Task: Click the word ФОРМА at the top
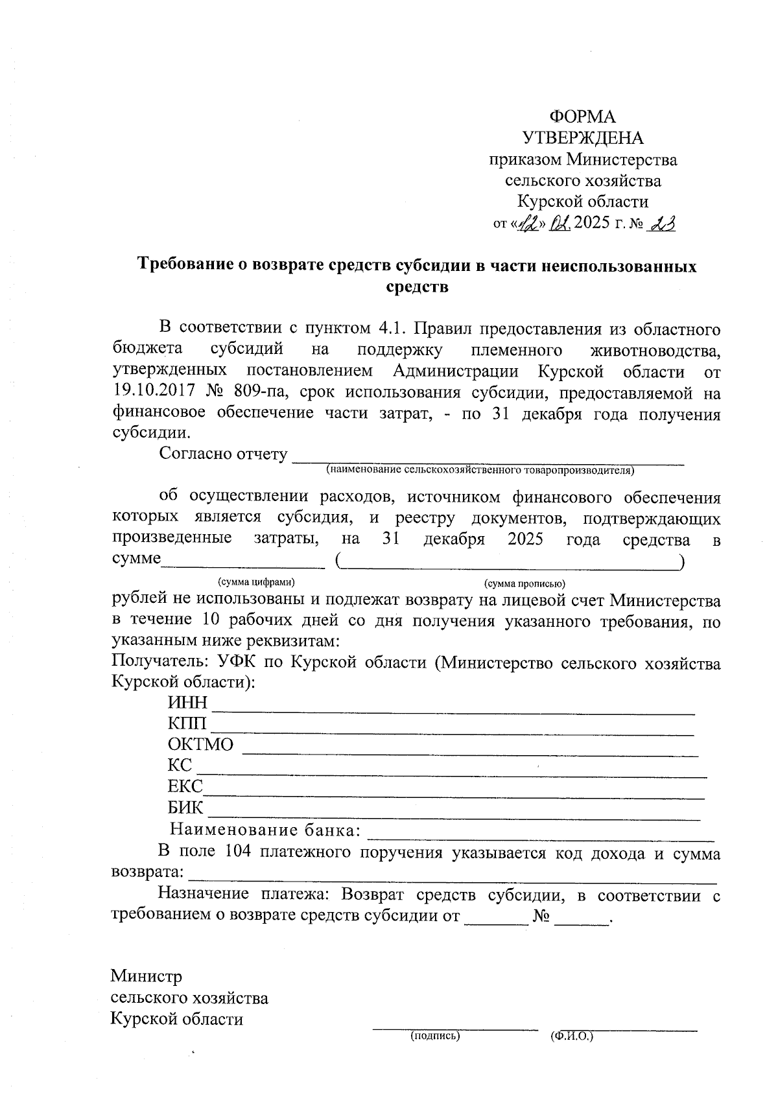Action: tap(582, 117)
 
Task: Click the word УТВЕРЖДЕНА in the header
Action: tap(583, 138)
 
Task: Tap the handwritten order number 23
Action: tap(662, 224)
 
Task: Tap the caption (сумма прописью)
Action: tap(525, 583)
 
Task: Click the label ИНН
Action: tap(187, 703)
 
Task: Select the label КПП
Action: tap(187, 724)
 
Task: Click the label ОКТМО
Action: tap(200, 745)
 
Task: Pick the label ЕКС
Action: tap(185, 787)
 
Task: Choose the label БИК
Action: tap(185, 808)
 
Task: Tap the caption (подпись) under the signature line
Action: tap(435, 1036)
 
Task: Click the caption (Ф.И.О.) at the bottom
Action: tap(571, 1036)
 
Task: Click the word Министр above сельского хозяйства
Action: tap(147, 976)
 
